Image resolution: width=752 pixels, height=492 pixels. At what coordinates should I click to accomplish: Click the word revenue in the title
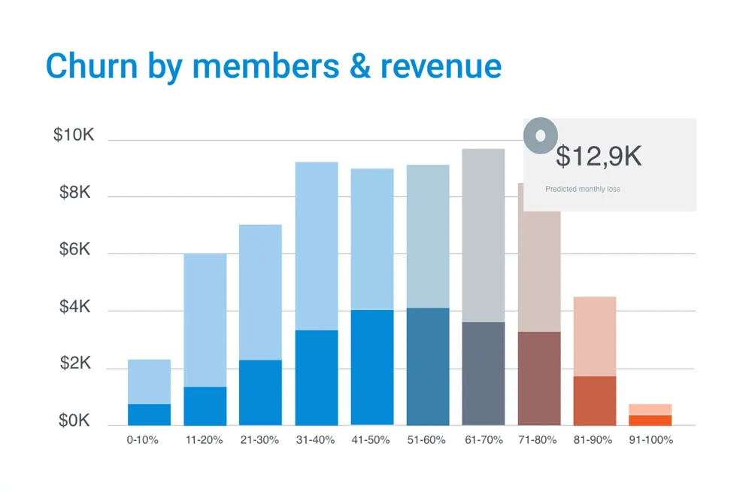[441, 68]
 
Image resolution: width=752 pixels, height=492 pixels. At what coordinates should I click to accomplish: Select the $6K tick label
[74, 250]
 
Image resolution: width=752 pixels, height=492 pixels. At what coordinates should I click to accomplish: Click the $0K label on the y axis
[74, 421]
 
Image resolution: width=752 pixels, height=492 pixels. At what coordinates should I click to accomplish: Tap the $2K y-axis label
[74, 364]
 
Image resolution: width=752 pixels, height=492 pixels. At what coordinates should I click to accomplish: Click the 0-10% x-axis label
[142, 440]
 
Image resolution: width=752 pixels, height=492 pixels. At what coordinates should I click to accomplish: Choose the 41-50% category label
[371, 440]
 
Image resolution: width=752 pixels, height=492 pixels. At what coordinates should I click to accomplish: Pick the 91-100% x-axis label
[650, 440]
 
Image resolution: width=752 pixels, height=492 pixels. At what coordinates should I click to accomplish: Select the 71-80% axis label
[538, 440]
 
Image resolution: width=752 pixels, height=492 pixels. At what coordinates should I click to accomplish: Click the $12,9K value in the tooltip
[599, 156]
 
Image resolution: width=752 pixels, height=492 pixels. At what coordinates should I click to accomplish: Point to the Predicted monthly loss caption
[583, 190]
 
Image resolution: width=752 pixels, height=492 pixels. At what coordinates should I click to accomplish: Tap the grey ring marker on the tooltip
[540, 135]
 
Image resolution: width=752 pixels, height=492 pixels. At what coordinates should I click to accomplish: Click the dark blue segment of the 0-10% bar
[149, 415]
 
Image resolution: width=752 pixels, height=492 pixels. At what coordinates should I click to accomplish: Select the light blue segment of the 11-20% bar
[205, 320]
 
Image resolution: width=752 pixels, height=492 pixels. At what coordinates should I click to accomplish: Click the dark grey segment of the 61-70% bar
[483, 373]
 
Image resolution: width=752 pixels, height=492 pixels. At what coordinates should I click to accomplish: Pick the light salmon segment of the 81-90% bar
[595, 336]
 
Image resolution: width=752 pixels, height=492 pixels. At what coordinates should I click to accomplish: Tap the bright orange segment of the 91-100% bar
[650, 420]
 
